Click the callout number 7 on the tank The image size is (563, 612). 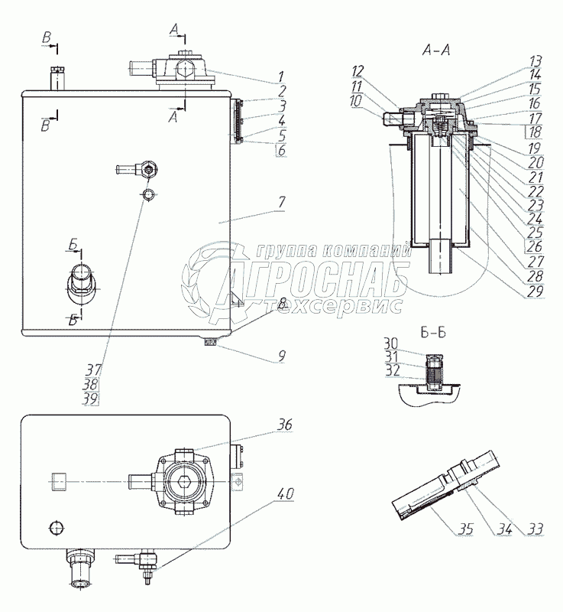click(281, 202)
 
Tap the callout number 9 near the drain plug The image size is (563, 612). click(281, 355)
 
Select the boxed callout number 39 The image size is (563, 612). click(91, 398)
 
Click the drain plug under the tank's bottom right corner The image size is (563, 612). click(210, 343)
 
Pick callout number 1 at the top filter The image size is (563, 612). click(281, 76)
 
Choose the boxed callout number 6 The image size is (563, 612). click(281, 151)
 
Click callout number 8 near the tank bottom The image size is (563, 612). click(281, 304)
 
